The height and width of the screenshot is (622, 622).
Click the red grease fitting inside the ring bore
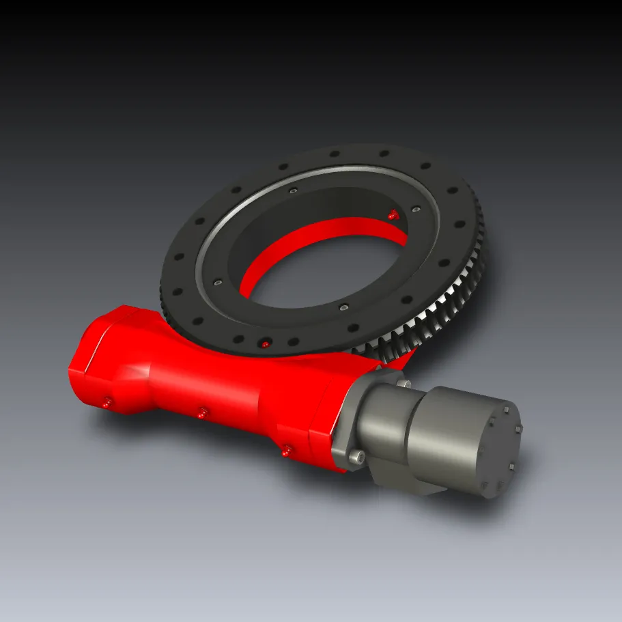pos(392,214)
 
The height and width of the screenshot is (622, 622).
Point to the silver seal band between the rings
pos(205,259)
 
